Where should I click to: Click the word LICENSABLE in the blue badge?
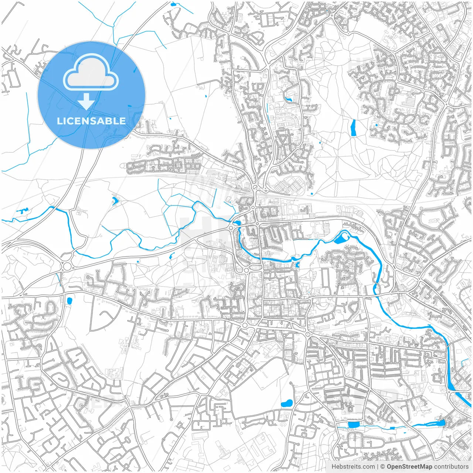coord(91,121)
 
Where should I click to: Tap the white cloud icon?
coord(91,72)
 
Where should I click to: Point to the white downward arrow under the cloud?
coord(86,102)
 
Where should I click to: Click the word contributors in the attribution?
coord(451,467)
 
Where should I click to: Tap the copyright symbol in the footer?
coord(383,467)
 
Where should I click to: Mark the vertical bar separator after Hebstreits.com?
coord(377,467)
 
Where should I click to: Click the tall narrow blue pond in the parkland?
coord(353,127)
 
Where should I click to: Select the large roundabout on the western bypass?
coord(67,266)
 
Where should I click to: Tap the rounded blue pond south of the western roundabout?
coord(69,301)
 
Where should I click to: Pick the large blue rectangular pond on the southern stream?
coord(353,425)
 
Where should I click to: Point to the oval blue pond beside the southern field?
coord(287,404)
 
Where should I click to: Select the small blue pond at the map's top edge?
coord(173,5)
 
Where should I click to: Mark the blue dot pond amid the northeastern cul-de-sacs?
coord(376,125)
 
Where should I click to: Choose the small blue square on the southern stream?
coord(392,428)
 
